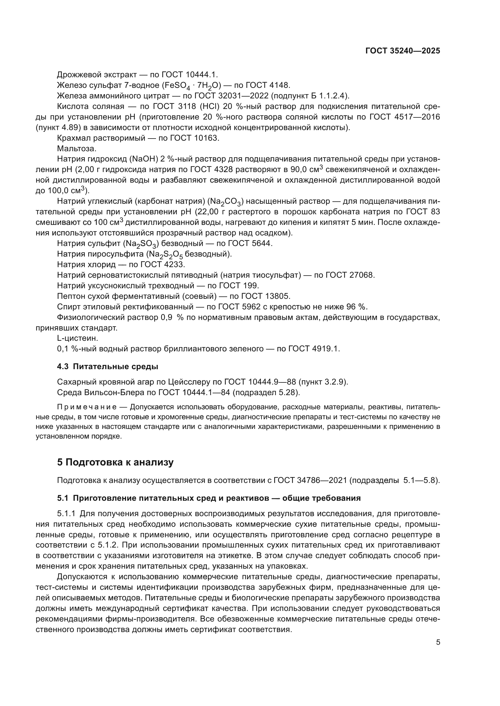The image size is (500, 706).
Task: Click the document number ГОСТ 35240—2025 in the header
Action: [402, 51]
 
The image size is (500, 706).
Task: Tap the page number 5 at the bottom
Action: [438, 642]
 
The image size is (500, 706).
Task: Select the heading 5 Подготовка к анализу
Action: [115, 462]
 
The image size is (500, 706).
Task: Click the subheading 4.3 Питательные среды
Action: [107, 366]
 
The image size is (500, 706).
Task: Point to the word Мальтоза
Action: [77, 149]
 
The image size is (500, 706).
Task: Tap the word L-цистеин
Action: [78, 338]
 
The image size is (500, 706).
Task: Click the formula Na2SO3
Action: [141, 244]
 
